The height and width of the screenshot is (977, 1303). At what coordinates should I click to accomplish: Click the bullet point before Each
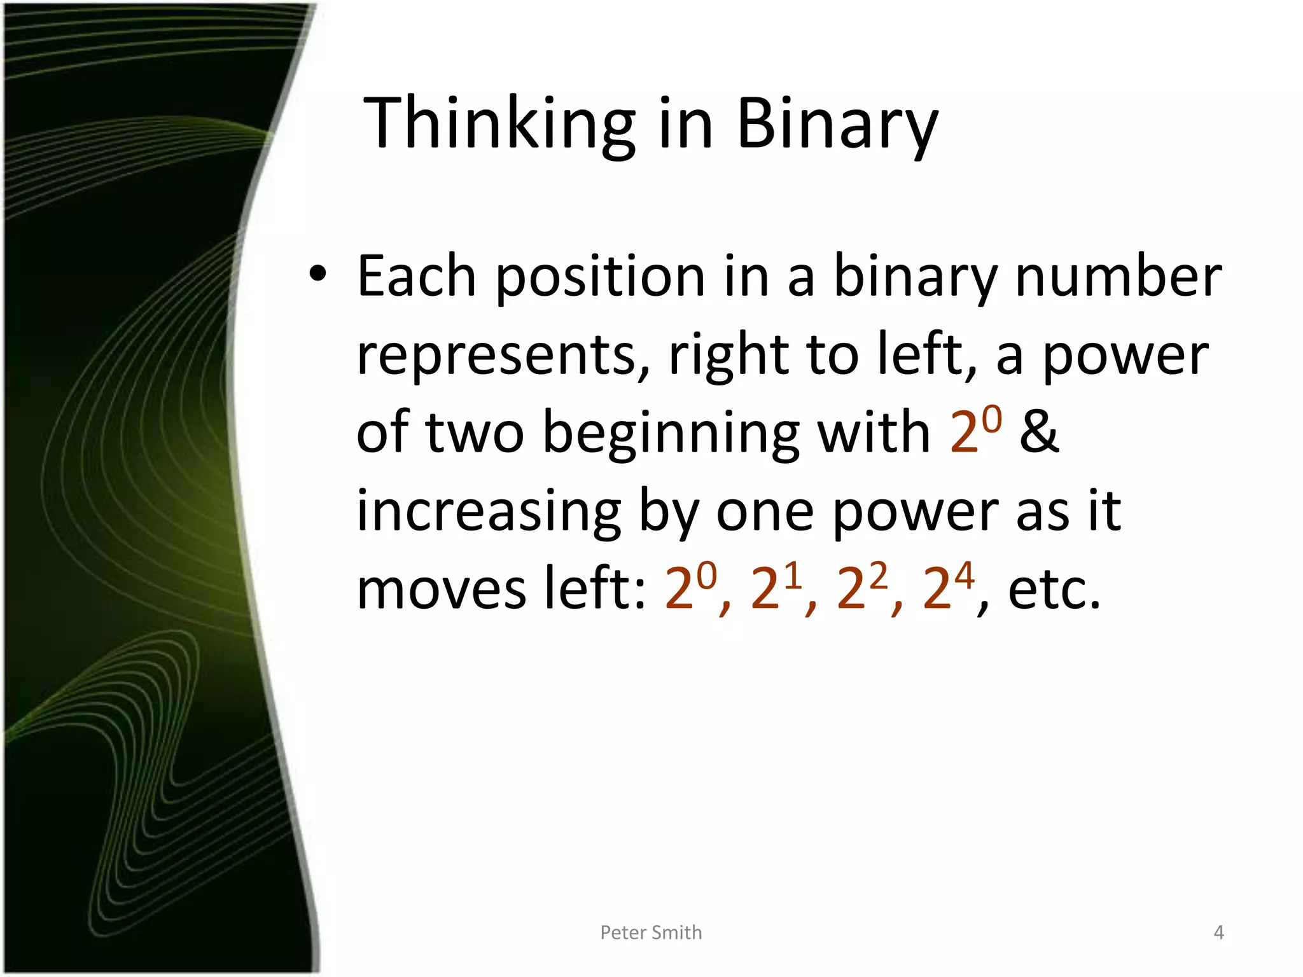coord(317,275)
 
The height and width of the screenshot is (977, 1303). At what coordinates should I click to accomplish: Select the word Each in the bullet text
coord(416,276)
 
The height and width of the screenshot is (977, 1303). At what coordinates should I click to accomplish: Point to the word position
coord(599,277)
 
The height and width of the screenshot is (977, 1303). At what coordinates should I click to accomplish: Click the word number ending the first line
coord(1118,276)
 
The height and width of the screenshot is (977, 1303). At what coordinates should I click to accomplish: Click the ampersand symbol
coord(1039,433)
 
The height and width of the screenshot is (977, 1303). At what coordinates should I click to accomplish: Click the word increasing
coord(489,512)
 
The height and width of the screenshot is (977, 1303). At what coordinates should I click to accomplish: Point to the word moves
coord(442,588)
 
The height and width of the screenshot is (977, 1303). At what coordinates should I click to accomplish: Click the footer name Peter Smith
coord(651,932)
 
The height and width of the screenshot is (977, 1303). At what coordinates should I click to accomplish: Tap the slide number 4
coord(1218,932)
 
